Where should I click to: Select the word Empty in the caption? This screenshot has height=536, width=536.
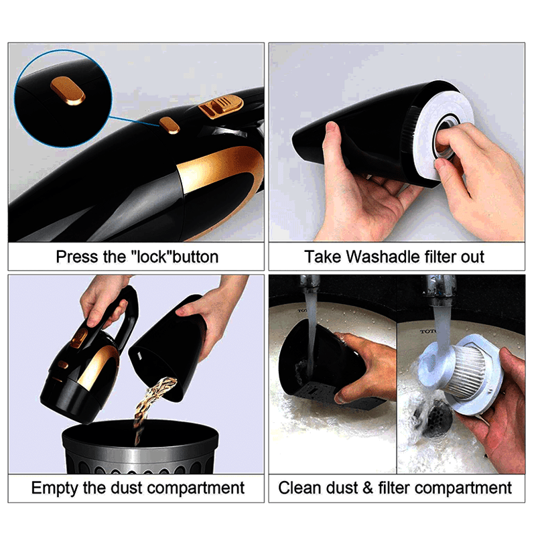55,488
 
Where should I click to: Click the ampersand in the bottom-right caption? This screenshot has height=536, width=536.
368,488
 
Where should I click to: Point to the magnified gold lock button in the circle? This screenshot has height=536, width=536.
68,91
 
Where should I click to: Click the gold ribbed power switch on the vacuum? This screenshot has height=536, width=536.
220,107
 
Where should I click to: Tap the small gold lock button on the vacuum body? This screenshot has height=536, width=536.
170,125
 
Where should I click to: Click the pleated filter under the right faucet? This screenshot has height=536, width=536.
470,371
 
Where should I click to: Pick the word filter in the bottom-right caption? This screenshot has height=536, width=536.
394,488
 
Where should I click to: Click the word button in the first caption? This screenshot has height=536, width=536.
196,257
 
